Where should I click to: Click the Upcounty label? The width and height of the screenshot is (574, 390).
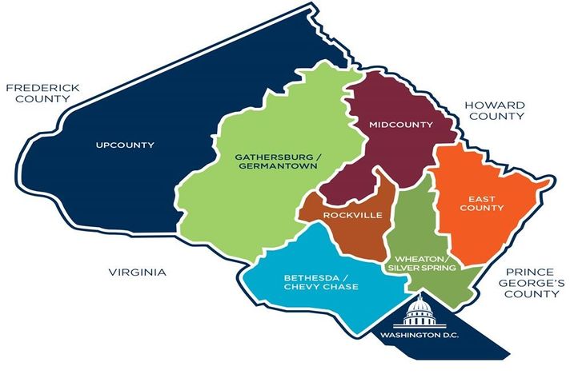[x=124, y=145]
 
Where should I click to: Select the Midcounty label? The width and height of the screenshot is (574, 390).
[x=401, y=125]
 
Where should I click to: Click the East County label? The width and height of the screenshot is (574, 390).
[x=487, y=202]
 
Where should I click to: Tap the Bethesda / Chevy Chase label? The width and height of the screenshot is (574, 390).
[x=320, y=282]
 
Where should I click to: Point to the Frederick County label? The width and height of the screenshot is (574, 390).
[x=35, y=94]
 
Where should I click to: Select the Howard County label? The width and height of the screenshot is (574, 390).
[x=496, y=110]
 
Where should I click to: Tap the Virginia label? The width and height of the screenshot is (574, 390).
[x=137, y=273]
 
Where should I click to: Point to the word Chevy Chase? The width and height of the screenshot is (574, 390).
[x=320, y=288]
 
